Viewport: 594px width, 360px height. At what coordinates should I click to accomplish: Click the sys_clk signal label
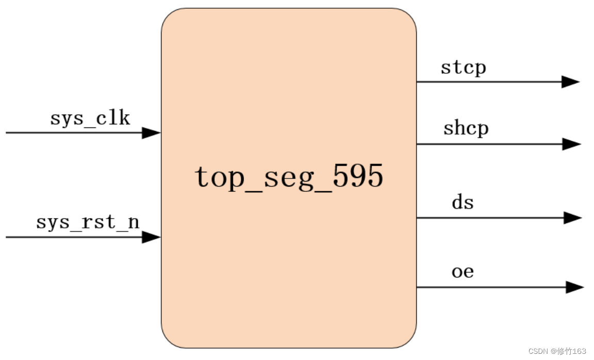click(x=90, y=119)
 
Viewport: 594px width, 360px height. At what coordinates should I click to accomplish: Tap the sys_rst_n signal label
click(x=88, y=222)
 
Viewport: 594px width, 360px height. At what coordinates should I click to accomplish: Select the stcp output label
click(x=463, y=68)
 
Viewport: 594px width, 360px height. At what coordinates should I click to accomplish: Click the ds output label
click(x=463, y=203)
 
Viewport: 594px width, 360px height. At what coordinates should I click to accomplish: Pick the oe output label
click(x=463, y=271)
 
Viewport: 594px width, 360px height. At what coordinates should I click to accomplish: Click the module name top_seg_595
click(x=289, y=177)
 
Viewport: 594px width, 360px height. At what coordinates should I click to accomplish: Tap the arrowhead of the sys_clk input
click(x=152, y=133)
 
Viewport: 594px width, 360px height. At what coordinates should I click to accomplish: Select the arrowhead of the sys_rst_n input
click(x=152, y=237)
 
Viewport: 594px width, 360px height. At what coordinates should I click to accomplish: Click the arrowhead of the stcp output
click(x=571, y=81)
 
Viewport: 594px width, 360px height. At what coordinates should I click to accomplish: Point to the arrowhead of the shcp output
click(x=572, y=144)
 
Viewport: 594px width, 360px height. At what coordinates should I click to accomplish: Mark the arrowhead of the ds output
click(x=572, y=218)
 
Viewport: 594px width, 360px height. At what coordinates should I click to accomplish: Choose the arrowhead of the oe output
click(x=574, y=287)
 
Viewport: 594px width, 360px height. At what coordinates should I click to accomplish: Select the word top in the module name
click(x=216, y=178)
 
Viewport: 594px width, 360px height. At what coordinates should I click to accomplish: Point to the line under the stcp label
click(x=490, y=81)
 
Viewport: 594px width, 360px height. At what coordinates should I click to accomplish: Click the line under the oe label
click(x=490, y=287)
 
